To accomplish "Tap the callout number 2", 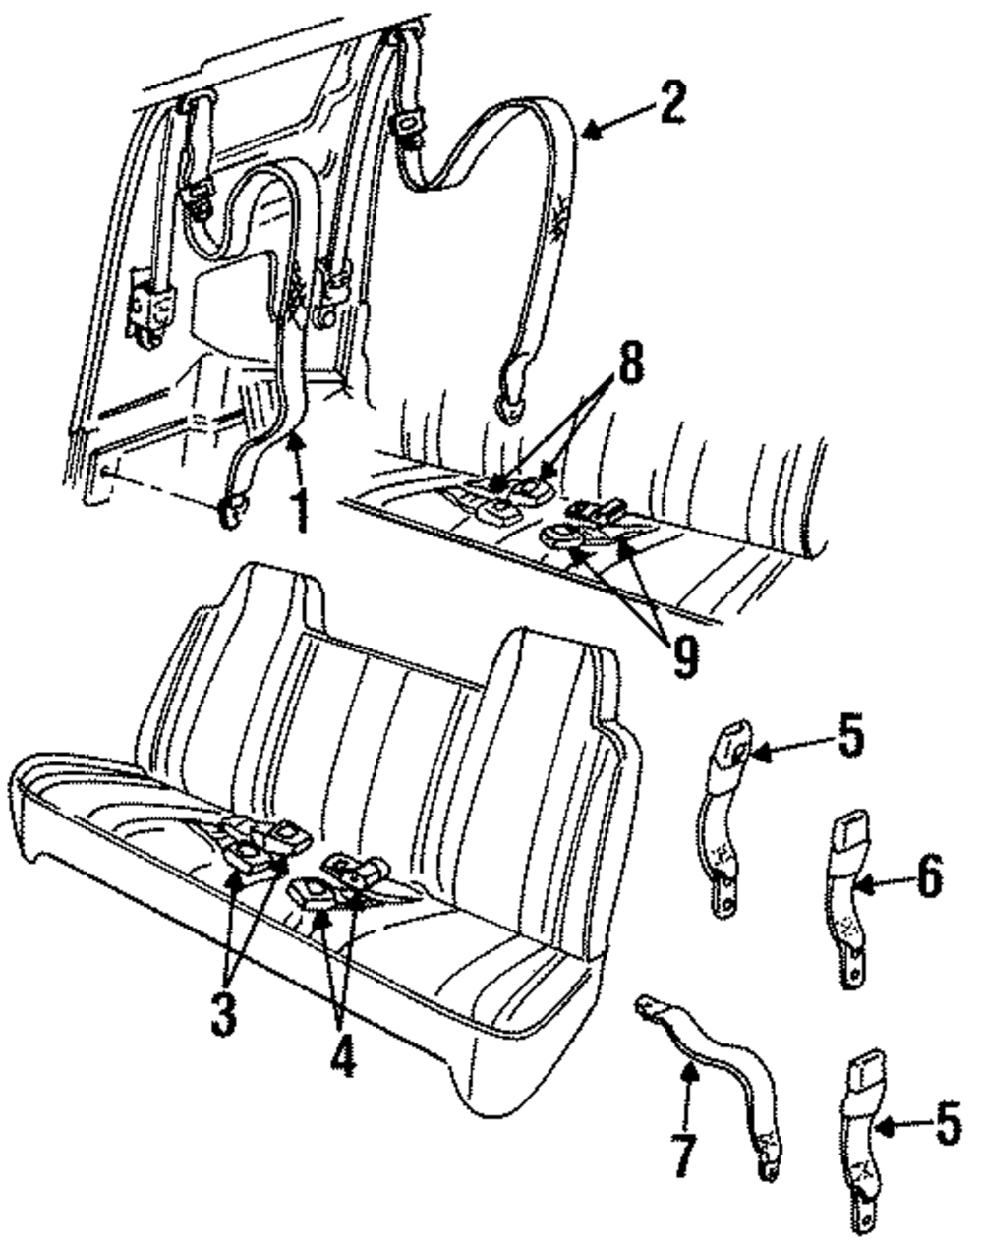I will point(670,103).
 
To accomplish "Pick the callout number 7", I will point(685,1154).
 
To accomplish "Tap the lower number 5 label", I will point(948,1125).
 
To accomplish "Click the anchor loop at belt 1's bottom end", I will point(234,510).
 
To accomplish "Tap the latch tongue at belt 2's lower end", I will point(513,391).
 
